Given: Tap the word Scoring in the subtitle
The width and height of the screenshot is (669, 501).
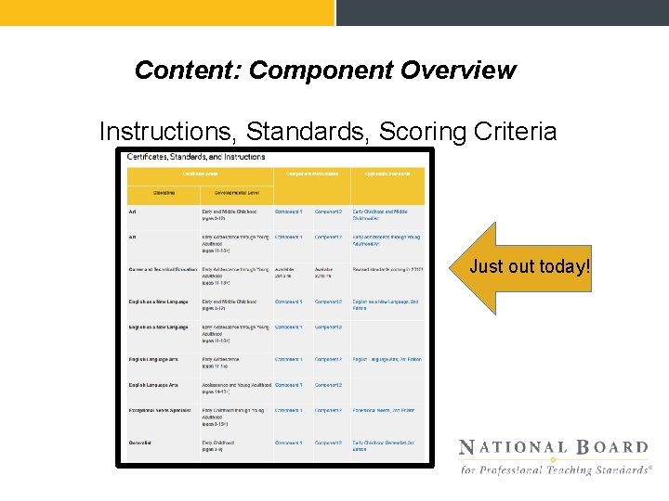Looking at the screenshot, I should (419, 132).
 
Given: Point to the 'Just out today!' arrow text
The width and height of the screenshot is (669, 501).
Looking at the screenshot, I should (530, 267).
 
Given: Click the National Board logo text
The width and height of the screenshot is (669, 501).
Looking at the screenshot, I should (554, 448).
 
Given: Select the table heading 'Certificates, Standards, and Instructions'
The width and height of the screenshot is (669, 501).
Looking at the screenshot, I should (196, 157).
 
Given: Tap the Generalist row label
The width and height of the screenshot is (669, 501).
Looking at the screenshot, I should (140, 443).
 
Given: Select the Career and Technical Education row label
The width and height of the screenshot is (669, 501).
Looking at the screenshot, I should (164, 270).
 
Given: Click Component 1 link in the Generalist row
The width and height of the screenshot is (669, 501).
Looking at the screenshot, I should (288, 443).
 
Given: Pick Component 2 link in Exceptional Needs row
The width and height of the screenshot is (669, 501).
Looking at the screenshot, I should (328, 410).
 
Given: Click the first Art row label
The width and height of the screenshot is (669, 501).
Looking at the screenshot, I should (132, 212).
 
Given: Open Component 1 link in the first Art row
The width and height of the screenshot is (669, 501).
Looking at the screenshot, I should (288, 212).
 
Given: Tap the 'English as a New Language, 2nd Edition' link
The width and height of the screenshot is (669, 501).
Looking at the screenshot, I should (385, 304).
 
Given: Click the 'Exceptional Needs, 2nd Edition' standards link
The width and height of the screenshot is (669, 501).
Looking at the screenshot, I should (383, 410).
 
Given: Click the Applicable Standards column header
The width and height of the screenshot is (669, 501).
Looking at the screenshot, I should (387, 173).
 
